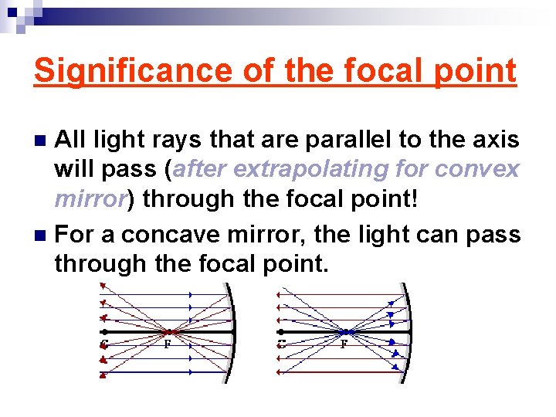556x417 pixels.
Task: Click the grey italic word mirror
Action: click(x=90, y=199)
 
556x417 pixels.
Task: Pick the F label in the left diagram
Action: click(x=167, y=344)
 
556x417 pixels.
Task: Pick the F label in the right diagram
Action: click(x=344, y=344)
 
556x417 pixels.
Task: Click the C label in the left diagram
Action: click(x=103, y=344)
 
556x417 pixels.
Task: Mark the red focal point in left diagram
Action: click(x=171, y=332)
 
